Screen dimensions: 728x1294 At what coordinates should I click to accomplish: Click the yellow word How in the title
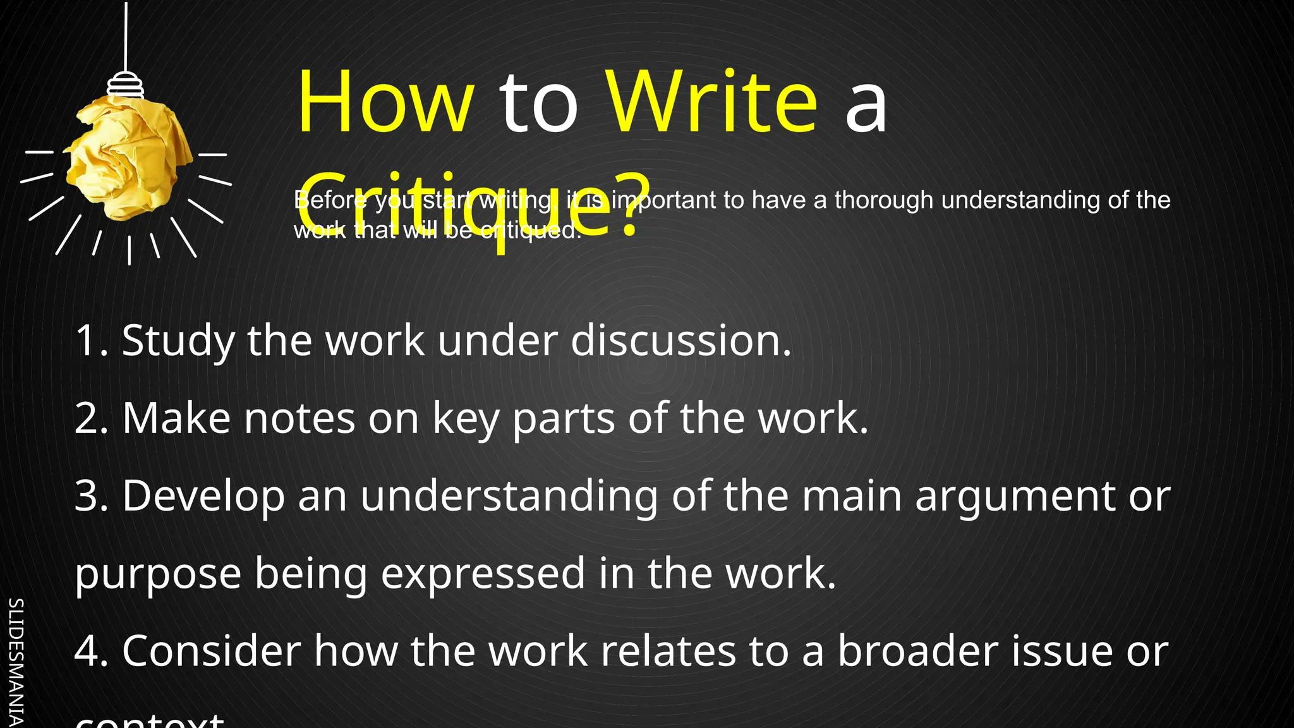coord(385,102)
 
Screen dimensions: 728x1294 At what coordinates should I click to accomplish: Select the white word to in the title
coord(539,104)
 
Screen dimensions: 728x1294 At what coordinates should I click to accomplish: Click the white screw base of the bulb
coord(125,85)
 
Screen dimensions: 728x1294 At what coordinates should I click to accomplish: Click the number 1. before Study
coord(92,341)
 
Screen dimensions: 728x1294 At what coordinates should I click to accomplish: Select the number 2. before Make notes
coord(92,418)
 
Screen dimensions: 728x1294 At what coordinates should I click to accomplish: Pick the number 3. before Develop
coord(92,496)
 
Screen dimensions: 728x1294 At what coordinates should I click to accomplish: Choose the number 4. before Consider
coord(92,652)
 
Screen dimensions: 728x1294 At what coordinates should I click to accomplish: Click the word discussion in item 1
coord(680,341)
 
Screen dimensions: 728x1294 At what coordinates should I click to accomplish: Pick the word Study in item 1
coord(178,342)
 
